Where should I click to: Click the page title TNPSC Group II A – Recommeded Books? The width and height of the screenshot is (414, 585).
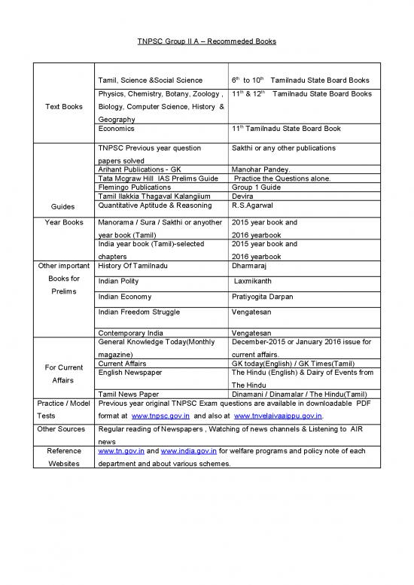(206, 41)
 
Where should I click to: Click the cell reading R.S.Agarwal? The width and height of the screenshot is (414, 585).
(253, 204)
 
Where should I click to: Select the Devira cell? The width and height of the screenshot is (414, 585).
(243, 195)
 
